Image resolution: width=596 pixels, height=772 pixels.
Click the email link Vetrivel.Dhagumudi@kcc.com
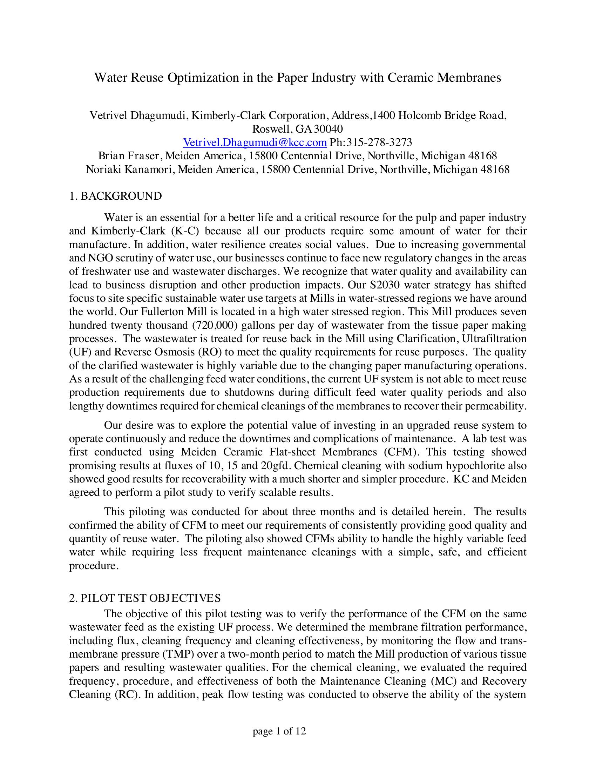[255, 142]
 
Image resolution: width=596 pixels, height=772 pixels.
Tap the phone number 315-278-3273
[379, 142]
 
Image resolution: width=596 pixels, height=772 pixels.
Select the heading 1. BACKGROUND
[115, 196]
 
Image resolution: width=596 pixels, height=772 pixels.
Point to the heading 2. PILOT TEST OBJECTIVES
[145, 598]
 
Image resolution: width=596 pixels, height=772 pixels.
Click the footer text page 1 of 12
[279, 731]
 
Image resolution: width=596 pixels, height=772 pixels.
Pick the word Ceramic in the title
[411, 78]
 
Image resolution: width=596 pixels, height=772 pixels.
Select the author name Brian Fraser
[130, 156]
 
